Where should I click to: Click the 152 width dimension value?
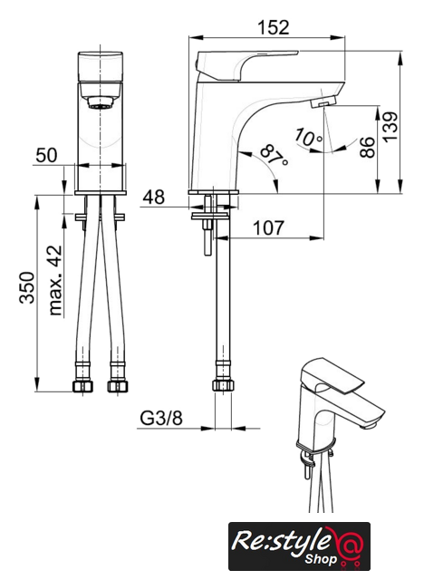click(274, 27)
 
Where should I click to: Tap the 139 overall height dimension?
click(390, 127)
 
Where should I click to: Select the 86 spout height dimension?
click(367, 147)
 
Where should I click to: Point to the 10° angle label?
click(308, 137)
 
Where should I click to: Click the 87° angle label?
click(274, 155)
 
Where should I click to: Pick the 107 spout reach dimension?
click(268, 227)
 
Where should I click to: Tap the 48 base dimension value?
click(154, 198)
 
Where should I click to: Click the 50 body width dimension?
click(46, 155)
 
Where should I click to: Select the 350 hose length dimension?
click(27, 287)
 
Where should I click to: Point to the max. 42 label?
click(55, 280)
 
